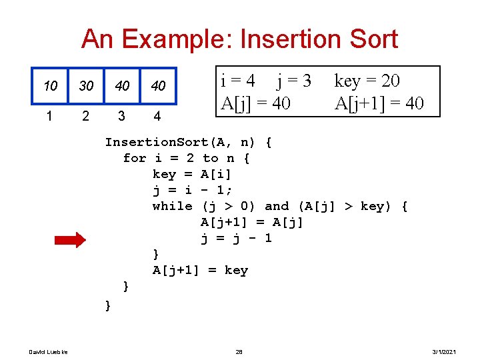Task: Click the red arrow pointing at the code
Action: click(70, 240)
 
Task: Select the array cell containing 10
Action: click(50, 86)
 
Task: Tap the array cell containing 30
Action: click(86, 86)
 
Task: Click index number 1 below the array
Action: click(49, 116)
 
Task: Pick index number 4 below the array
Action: click(157, 117)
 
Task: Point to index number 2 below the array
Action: click(85, 116)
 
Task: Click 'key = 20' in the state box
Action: click(367, 81)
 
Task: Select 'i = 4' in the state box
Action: click(238, 81)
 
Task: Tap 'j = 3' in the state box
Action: click(294, 81)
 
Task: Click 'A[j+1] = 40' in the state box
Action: click(379, 103)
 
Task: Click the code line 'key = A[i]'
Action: click(192, 174)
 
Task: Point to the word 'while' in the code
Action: click(172, 206)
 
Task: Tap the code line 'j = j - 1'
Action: click(236, 238)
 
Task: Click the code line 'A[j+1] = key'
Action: click(200, 270)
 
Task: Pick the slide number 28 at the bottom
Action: click(239, 351)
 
